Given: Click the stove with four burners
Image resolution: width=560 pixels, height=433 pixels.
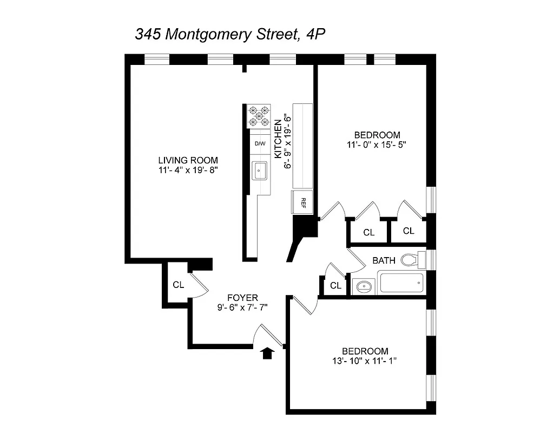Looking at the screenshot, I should [259, 116].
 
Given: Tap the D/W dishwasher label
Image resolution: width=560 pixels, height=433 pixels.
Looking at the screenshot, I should [260, 143].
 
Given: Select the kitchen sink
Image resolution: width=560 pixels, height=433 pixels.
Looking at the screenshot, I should [260, 171].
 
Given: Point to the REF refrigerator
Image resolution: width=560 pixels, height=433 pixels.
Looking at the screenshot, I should [302, 202].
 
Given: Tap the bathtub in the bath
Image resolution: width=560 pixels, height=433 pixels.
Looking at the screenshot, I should [401, 283].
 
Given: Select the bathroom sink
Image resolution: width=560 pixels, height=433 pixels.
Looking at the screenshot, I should [364, 286].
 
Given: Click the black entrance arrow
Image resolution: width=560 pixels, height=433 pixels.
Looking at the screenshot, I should [267, 353].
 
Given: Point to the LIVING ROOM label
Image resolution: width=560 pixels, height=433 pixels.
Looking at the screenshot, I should [188, 160].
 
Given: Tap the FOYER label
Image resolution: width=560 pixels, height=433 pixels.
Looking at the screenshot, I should [242, 297].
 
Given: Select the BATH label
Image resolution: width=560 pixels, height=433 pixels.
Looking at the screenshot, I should [384, 261].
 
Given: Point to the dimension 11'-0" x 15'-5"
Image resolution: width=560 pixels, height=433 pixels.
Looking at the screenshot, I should [377, 145].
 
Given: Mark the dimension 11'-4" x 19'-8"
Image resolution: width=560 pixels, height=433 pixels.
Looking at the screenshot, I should [188, 170].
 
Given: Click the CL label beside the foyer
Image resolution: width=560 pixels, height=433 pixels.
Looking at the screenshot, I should [179, 284].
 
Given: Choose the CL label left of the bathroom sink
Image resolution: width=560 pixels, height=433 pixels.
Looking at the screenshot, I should [335, 286].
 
